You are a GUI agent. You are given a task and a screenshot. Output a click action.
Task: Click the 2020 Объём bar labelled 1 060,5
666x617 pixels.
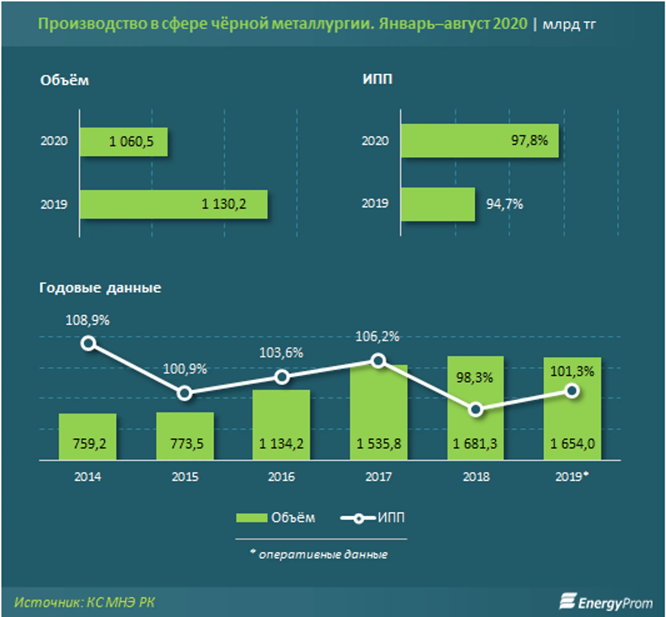[124, 141]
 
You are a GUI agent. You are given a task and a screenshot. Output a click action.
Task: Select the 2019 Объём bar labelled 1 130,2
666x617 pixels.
[174, 204]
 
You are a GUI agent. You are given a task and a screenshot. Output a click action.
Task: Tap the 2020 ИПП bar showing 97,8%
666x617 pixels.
[480, 141]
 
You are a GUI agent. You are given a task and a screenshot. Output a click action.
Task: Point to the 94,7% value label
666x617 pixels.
[504, 204]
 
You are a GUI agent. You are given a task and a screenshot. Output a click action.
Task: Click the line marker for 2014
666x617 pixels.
[88, 343]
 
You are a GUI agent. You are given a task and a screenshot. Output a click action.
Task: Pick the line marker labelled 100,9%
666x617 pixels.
[185, 393]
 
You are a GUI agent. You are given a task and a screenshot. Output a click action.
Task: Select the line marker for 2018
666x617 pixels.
[476, 410]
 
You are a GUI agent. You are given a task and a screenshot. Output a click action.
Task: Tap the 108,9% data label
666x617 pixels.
[88, 320]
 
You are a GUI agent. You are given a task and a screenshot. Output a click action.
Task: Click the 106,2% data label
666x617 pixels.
[377, 337]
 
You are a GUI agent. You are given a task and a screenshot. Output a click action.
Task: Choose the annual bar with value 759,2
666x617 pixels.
[88, 437]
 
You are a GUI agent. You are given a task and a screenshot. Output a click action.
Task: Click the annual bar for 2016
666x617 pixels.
[281, 425]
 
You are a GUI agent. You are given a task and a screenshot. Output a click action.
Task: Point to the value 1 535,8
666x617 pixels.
[379, 444]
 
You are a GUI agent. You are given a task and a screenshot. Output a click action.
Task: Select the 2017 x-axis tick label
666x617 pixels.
[378, 476]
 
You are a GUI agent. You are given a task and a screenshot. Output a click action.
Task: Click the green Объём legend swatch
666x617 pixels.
[252, 517]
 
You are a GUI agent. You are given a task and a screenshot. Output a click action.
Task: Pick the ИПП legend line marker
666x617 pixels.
[358, 518]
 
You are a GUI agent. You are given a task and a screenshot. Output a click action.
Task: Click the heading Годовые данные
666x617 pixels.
[100, 288]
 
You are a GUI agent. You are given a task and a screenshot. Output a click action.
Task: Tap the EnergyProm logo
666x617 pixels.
[606, 602]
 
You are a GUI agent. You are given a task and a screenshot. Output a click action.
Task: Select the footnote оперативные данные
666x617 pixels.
[323, 554]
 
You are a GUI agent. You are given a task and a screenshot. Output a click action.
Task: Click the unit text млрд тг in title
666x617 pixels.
[569, 25]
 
